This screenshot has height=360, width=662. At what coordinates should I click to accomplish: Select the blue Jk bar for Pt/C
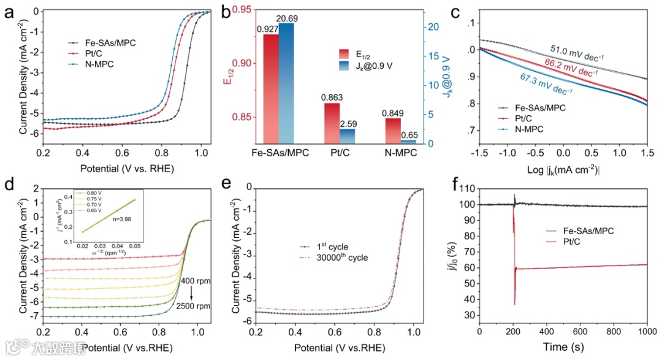coord(348,136)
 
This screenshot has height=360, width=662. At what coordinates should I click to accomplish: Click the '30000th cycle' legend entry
coord(343,258)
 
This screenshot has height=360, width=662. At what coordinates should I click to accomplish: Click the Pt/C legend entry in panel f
coord(556,242)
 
